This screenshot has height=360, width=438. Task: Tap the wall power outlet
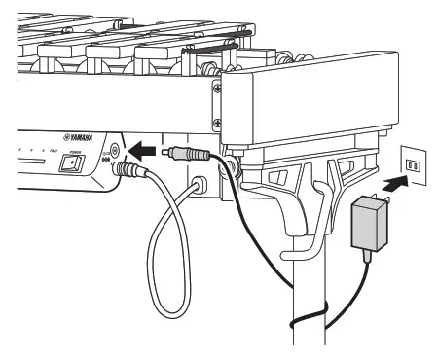click(x=413, y=164)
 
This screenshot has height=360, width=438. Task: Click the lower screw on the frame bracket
click(x=215, y=124)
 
